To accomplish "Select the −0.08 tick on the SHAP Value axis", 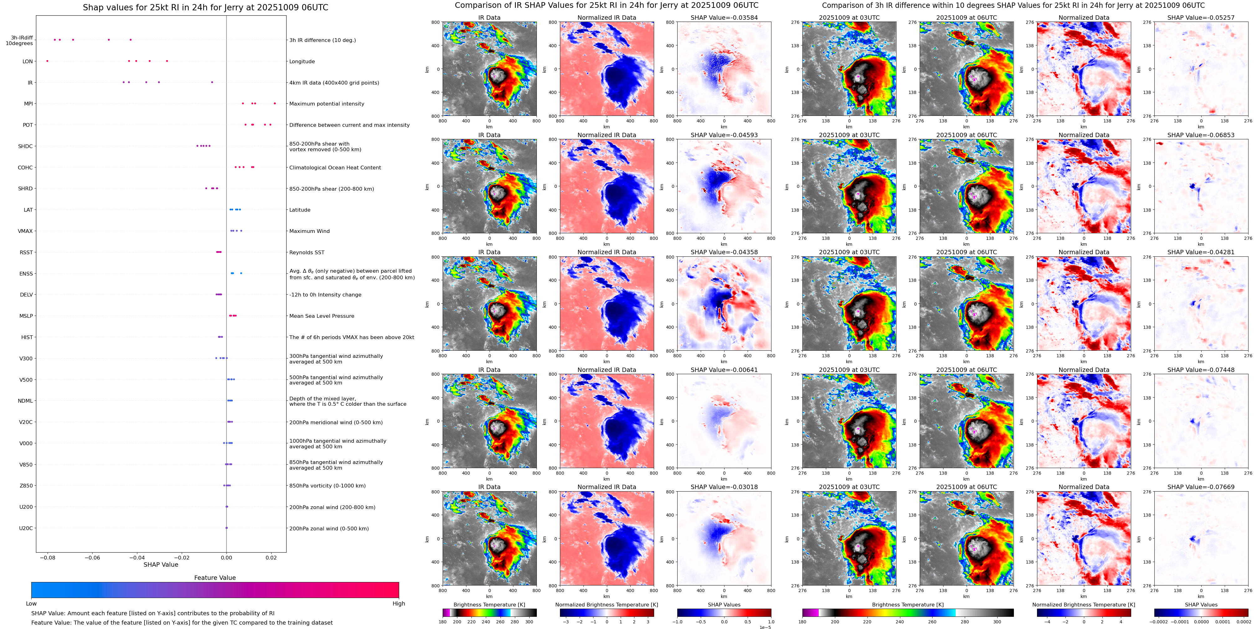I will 47,557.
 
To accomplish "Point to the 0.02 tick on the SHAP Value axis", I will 271,557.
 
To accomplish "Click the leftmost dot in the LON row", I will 47,61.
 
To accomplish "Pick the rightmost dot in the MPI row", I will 275,103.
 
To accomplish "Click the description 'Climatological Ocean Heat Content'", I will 335,168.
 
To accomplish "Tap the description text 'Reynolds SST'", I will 307,252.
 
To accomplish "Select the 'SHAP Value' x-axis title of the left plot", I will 161,565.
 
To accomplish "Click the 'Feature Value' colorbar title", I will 215,578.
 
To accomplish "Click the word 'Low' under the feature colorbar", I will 31,604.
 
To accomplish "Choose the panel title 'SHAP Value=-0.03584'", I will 724,18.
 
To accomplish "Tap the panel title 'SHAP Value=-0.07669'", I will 1201,487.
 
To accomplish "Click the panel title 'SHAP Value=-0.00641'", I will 724,370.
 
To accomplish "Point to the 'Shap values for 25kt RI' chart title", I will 205,7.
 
